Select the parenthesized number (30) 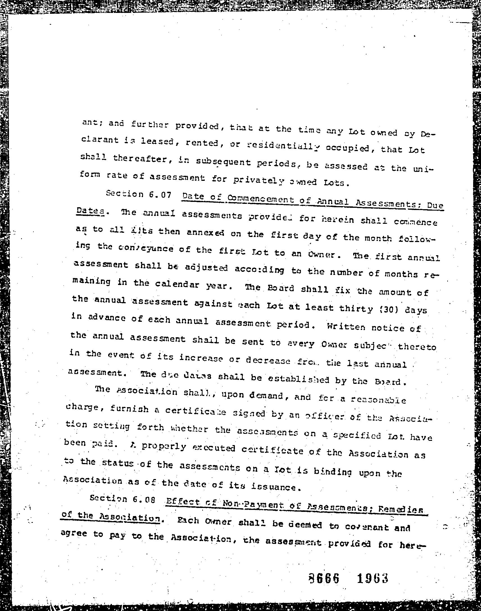[388, 310]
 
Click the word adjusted [206, 268]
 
